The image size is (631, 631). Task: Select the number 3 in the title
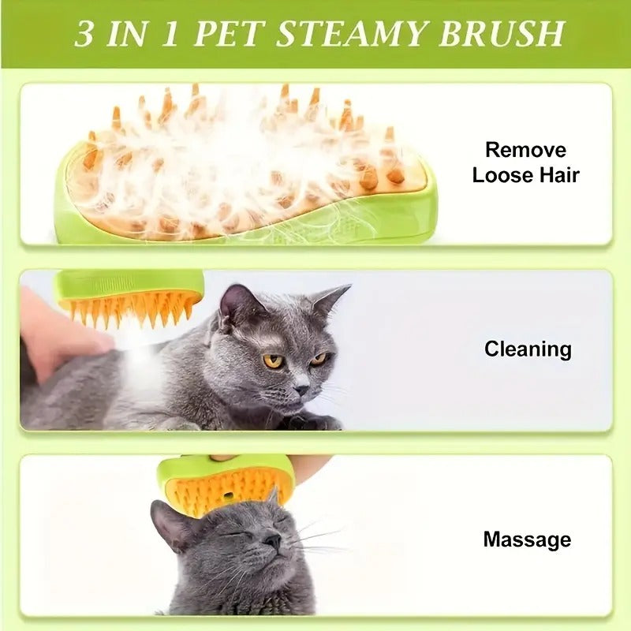point(84,34)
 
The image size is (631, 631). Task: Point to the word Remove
point(525,150)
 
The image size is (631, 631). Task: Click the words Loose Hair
point(525,175)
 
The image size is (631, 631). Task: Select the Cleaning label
point(527,349)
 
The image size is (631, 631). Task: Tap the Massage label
point(526,540)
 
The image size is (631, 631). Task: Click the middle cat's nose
point(302,389)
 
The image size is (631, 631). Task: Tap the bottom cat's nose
point(271,542)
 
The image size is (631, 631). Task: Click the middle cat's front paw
point(315,422)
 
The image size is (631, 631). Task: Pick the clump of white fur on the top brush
point(237,158)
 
